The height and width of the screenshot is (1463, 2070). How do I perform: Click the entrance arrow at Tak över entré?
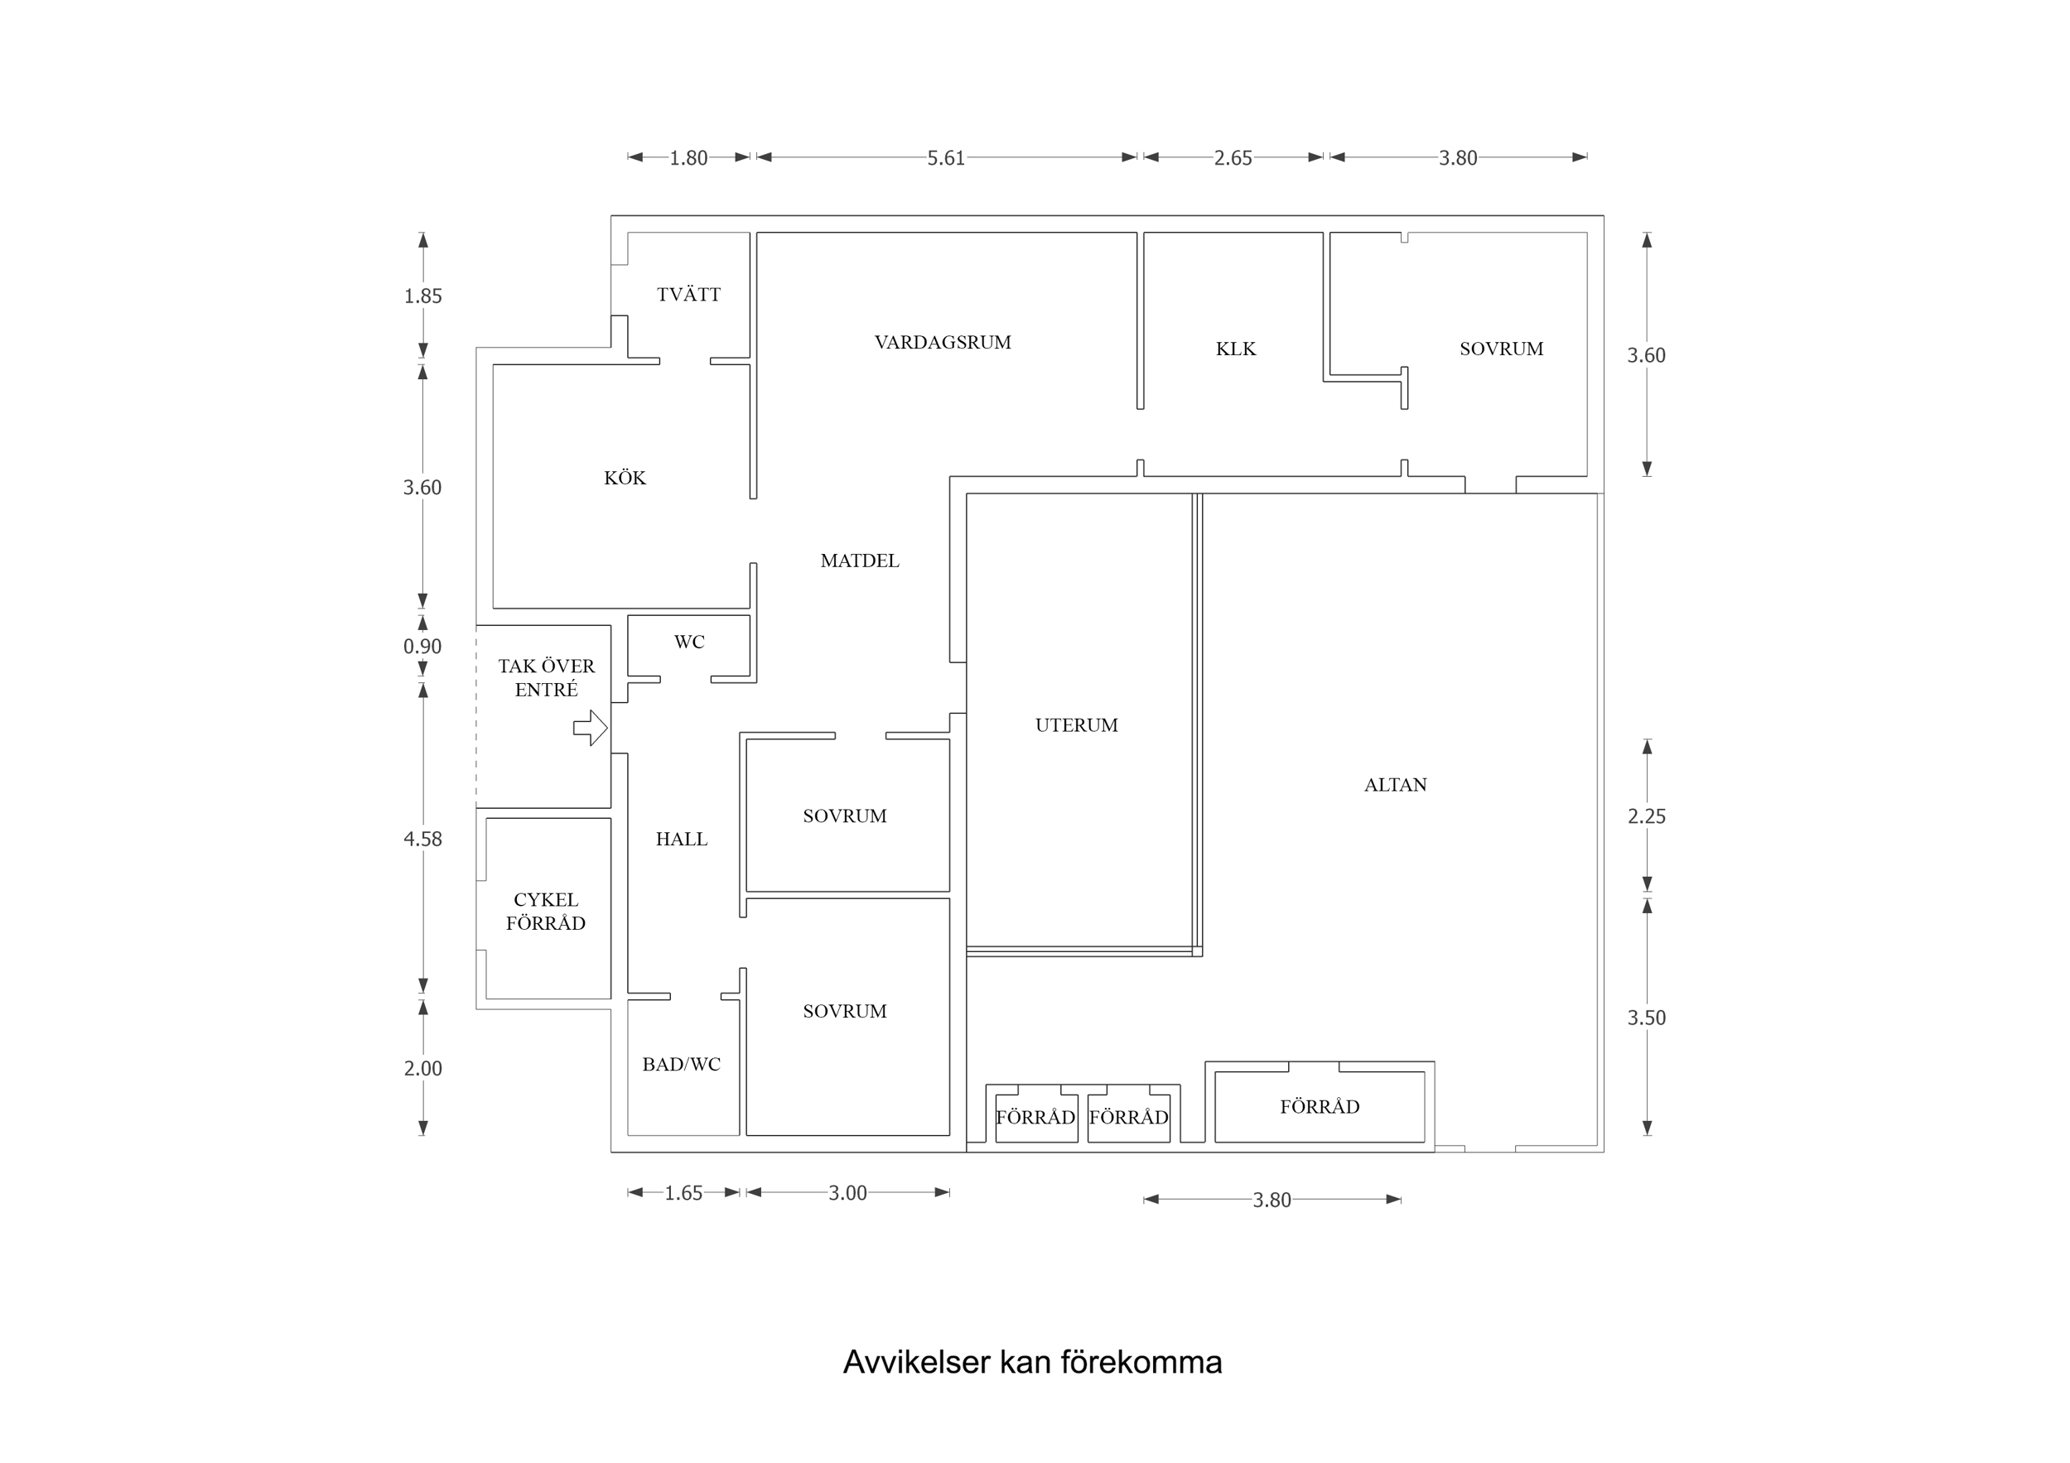[591, 728]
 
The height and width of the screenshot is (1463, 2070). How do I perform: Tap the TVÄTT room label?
[689, 295]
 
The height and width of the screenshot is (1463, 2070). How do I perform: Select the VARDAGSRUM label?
[942, 343]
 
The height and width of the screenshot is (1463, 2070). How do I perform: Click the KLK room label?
[1235, 349]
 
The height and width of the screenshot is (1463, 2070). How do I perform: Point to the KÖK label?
[625, 478]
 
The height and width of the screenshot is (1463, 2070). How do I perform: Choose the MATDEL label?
[859, 561]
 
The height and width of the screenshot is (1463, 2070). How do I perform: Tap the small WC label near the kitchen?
[689, 642]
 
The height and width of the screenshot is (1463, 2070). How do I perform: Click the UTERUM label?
[1077, 724]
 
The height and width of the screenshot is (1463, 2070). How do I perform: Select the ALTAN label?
[1395, 785]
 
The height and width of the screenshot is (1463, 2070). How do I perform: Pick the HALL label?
[682, 840]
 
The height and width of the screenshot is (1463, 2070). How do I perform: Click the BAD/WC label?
[682, 1065]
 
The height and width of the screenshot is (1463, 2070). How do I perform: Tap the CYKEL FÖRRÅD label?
[545, 912]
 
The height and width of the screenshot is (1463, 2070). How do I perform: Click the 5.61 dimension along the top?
[946, 159]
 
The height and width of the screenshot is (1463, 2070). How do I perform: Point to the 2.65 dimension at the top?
[1233, 159]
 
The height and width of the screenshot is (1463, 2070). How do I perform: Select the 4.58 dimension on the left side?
[422, 840]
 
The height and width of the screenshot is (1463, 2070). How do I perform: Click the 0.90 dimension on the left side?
[422, 647]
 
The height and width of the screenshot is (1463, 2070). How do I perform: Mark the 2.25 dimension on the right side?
[1646, 816]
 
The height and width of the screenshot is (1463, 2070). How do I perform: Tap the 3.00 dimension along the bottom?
[847, 1193]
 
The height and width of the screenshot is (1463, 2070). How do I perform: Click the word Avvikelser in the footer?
[916, 1362]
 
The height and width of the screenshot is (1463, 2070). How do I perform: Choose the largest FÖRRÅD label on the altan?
[1319, 1107]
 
